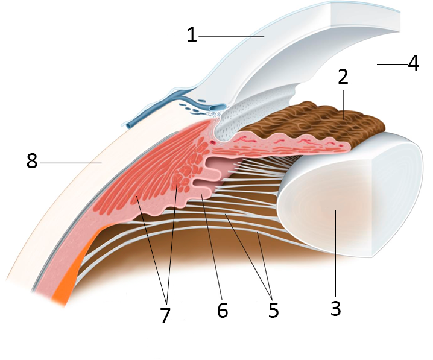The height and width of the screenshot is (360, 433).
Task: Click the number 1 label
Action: coord(192,34)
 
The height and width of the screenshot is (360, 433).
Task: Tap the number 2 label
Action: coord(343,77)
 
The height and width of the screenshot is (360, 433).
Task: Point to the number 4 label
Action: coord(413,63)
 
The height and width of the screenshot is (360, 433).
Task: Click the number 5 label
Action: coord(273,310)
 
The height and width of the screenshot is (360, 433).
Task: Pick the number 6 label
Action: coord(223,310)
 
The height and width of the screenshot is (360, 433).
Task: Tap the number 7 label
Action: coord(165,315)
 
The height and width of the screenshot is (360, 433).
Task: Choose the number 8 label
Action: coord(32,161)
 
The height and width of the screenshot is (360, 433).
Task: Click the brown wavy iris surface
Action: coord(315,121)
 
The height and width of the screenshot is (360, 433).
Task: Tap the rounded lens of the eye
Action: coord(351,195)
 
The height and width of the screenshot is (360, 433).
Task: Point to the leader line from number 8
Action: coord(71,163)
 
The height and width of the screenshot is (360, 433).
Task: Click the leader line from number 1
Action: coord(232,36)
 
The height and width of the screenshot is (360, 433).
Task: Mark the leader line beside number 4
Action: coord(392,64)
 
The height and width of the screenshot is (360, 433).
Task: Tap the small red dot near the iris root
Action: coord(212,142)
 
